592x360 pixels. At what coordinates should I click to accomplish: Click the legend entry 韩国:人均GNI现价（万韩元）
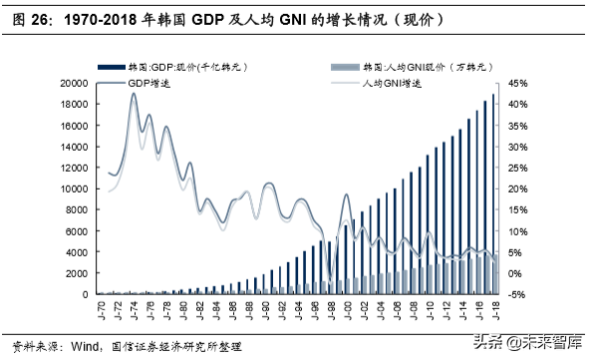coord(418,66)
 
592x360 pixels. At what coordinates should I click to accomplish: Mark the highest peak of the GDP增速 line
coord(134,95)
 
